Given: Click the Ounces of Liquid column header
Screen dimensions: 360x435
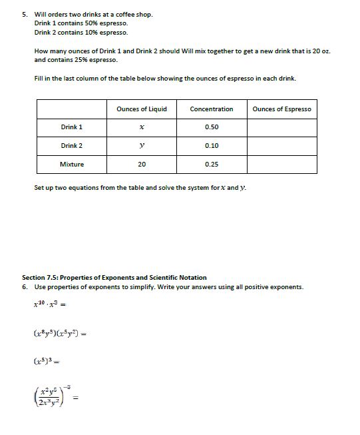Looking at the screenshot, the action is click(142, 109).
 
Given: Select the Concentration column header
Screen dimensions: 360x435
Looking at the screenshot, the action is click(212, 109).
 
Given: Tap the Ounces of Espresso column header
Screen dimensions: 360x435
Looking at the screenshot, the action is click(281, 109).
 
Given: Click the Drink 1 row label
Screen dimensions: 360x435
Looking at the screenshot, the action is click(72, 127).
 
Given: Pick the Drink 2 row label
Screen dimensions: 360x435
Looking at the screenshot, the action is click(72, 146).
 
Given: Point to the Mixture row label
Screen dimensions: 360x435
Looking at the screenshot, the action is click(72, 164).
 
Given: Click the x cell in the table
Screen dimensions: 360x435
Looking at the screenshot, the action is click(142, 127).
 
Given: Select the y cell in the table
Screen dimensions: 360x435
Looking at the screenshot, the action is click(142, 146).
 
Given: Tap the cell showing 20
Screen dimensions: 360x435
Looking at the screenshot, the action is click(142, 164).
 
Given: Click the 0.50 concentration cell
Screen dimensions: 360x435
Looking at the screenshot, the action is click(212, 127).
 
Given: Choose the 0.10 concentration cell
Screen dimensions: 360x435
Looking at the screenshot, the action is click(212, 146).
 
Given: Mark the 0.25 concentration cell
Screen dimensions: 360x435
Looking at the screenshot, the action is click(212, 164).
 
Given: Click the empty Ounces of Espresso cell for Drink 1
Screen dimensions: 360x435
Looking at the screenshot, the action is click(281, 127).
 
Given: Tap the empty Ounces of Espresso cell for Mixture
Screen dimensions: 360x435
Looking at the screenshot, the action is click(281, 164).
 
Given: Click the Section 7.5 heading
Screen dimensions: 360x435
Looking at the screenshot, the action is click(114, 277).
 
